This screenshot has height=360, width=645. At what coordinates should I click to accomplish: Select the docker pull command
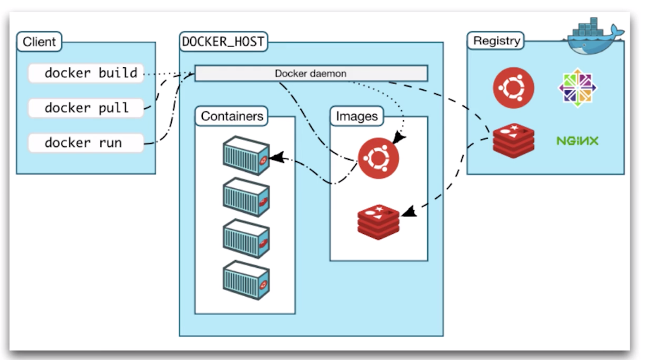(x=86, y=107)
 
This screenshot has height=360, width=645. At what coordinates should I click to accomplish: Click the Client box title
(x=39, y=42)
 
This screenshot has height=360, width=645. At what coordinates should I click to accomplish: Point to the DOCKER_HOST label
(x=223, y=42)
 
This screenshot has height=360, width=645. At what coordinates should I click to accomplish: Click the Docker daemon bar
(x=310, y=73)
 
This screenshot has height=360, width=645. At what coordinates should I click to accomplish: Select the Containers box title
(x=232, y=116)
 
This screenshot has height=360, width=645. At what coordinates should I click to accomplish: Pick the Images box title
(x=356, y=116)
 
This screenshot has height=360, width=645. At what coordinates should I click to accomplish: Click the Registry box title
(x=497, y=40)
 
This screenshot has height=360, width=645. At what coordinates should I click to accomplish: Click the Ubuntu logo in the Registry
(x=513, y=88)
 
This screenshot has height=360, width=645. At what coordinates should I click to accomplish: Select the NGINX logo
(x=577, y=141)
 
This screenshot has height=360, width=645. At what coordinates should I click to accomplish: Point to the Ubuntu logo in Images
(x=378, y=159)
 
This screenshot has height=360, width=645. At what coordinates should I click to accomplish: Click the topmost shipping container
(x=246, y=154)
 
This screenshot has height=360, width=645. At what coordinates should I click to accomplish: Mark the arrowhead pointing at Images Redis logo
(x=408, y=212)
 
